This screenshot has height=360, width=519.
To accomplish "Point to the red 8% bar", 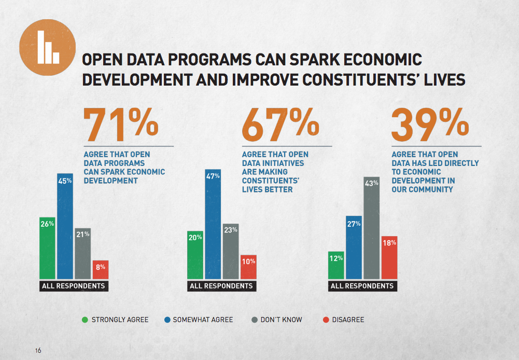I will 100,270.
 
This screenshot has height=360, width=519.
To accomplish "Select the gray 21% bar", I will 82,254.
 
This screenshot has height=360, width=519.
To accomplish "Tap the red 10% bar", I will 248,267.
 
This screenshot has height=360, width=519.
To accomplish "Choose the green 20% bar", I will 195,255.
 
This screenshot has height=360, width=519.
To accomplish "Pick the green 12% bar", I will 336,265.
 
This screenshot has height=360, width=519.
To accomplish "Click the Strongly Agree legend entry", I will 115,320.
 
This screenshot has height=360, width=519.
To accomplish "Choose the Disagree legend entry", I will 343,320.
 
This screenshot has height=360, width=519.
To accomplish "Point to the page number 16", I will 38,350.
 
